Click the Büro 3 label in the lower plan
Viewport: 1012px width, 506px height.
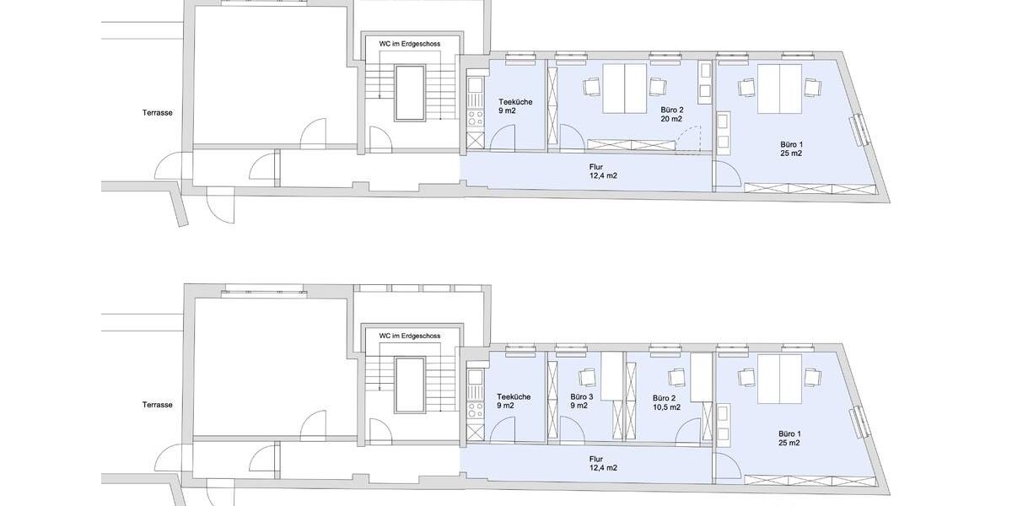point(581,396)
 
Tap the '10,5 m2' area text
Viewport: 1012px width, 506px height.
point(666,407)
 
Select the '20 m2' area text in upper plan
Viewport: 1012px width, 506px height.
point(671,119)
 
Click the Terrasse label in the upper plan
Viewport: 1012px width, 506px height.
point(157,112)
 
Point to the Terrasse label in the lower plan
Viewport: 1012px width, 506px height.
point(157,405)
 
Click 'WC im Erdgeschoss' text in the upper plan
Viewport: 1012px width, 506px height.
point(409,44)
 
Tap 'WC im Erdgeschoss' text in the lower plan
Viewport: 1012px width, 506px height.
point(409,336)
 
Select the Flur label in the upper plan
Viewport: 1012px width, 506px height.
point(596,167)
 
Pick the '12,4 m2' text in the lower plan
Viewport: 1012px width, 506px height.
point(603,468)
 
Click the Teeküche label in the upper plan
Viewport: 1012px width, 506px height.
point(515,102)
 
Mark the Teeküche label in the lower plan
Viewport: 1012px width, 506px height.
point(514,396)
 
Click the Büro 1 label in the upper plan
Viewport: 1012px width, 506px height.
point(792,144)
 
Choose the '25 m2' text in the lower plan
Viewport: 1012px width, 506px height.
point(789,443)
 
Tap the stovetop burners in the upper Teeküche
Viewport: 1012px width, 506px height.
point(475,119)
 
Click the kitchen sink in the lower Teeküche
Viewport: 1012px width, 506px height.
point(475,377)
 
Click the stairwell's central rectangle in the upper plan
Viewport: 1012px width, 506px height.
point(410,93)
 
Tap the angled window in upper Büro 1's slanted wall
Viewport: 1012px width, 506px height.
point(858,130)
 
